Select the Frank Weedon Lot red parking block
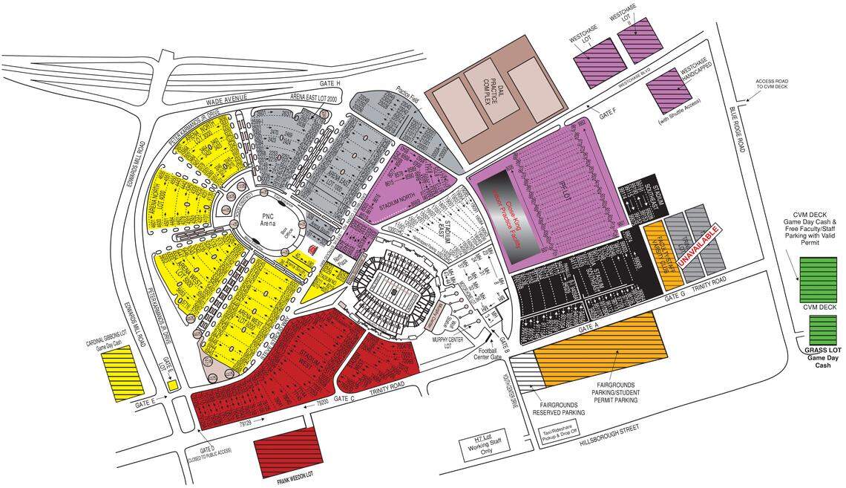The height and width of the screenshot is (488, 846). coord(283,452)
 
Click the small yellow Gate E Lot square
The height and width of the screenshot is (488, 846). coord(172,385)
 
